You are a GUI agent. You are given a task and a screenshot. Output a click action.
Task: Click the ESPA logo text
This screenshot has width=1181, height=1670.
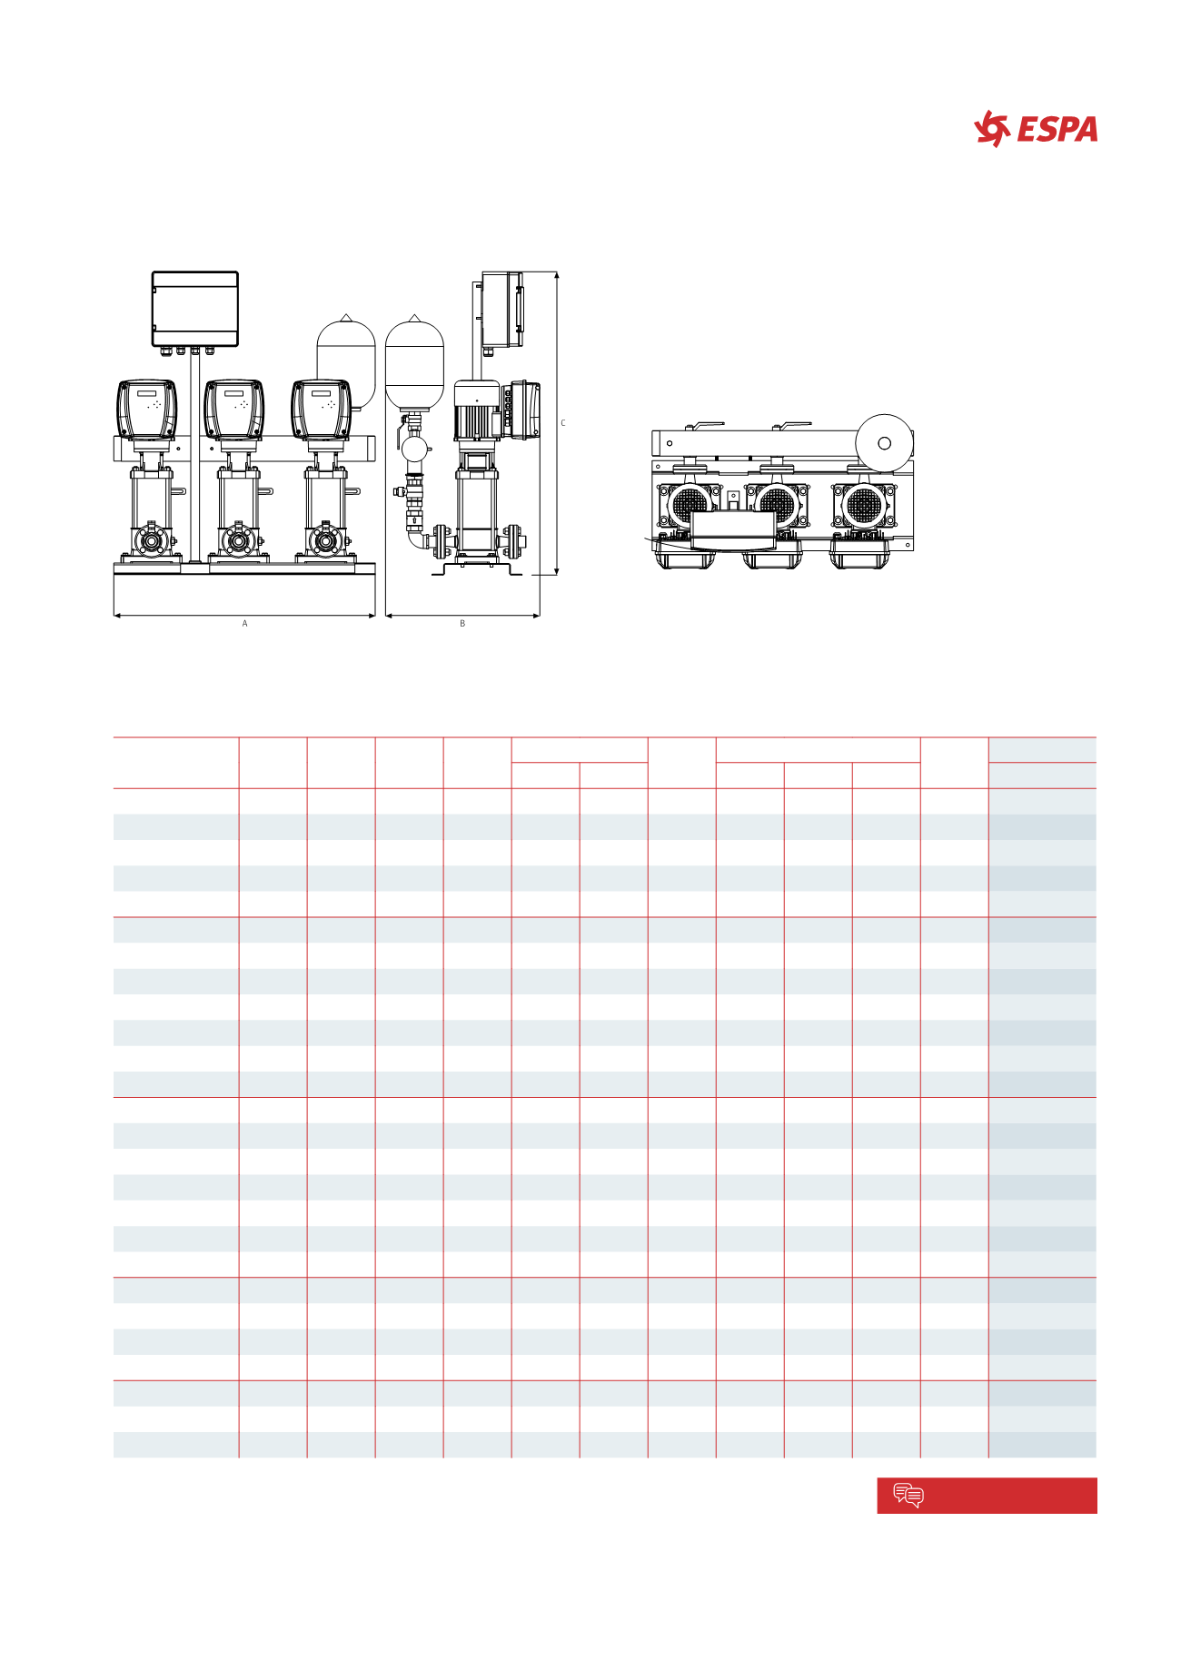pyautogui.click(x=1057, y=130)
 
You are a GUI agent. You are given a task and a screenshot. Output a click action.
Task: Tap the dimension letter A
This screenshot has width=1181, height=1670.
pyautogui.click(x=244, y=624)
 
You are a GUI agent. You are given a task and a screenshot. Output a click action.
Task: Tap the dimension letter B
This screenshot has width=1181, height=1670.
pyautogui.click(x=462, y=624)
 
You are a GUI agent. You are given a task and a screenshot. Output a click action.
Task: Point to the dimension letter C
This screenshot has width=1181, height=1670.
pyautogui.click(x=563, y=423)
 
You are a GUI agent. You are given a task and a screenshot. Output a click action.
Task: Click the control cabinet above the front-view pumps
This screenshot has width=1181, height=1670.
pyautogui.click(x=194, y=308)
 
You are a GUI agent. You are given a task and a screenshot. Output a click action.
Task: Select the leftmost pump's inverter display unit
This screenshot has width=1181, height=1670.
pyautogui.click(x=146, y=409)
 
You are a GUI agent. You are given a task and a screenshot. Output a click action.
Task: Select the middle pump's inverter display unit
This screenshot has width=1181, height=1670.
pyautogui.click(x=233, y=409)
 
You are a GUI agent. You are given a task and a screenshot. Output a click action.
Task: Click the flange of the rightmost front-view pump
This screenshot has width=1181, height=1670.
pyautogui.click(x=324, y=541)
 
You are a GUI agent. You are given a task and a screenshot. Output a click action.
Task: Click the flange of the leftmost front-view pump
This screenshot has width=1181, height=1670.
pyautogui.click(x=151, y=542)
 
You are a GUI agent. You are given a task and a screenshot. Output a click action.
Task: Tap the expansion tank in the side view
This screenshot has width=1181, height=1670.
pyautogui.click(x=414, y=364)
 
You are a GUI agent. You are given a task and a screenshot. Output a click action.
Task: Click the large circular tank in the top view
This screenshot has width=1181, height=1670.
pyautogui.click(x=884, y=443)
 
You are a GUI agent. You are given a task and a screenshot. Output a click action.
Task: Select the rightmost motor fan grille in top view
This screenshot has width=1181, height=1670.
pyautogui.click(x=861, y=506)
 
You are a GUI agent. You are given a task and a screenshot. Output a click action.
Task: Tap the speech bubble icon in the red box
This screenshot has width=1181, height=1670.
pyautogui.click(x=908, y=1495)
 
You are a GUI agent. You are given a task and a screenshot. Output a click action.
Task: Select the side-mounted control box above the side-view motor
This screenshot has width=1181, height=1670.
pyautogui.click(x=501, y=309)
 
